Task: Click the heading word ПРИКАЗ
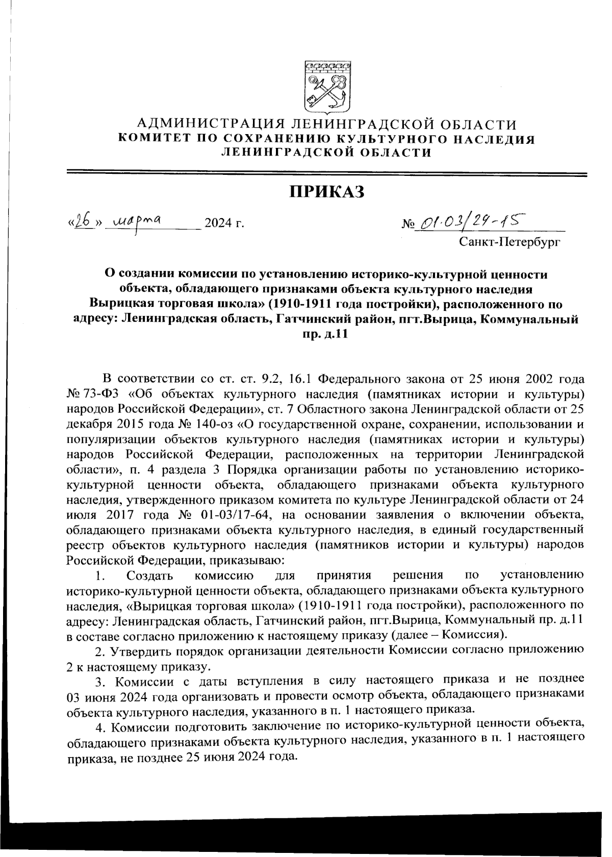327,192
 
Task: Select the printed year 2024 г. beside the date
223,223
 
